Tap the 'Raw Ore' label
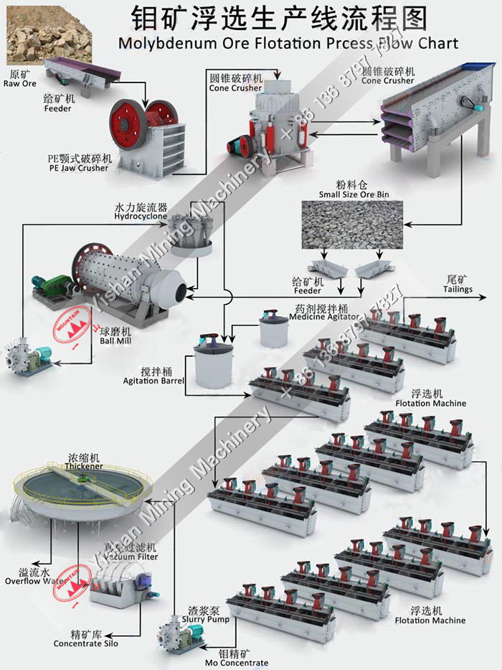tap(19, 83)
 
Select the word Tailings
tap(458, 289)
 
